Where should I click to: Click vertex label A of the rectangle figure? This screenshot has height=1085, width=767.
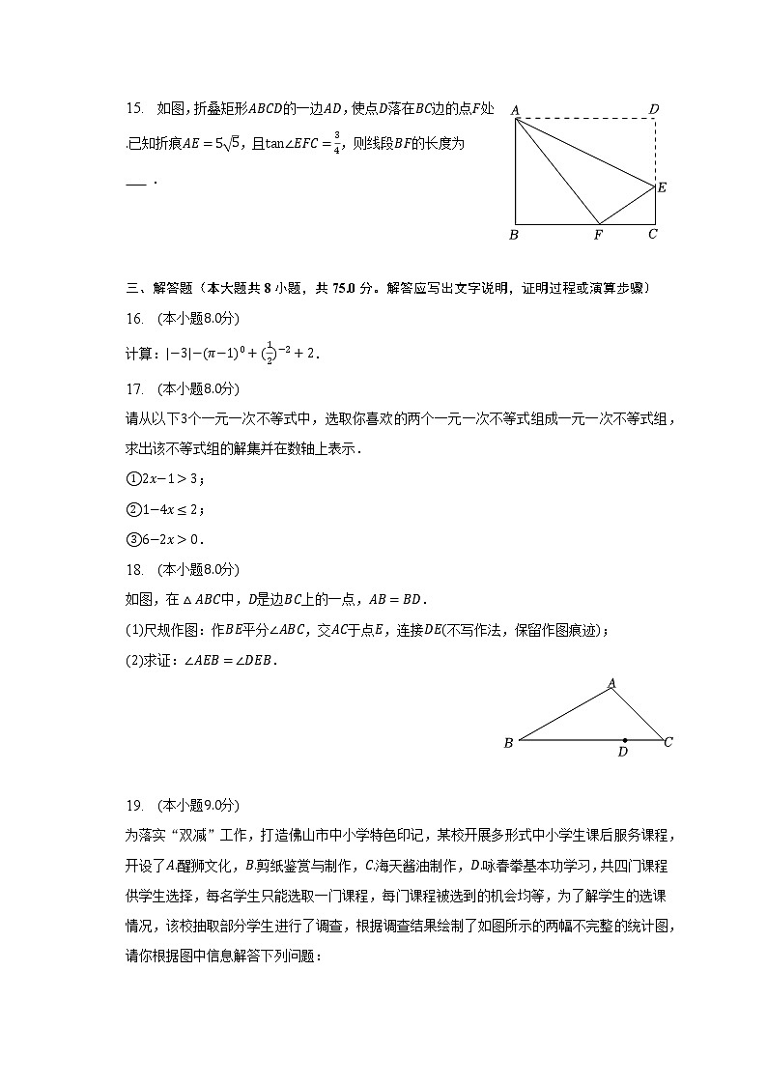click(x=515, y=109)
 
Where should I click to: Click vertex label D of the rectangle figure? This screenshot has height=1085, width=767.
click(x=654, y=108)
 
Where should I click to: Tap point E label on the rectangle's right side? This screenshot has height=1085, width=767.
click(x=662, y=187)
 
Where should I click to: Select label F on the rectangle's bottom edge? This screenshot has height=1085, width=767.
click(x=598, y=235)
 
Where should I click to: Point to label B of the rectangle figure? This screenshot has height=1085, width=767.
click(x=514, y=235)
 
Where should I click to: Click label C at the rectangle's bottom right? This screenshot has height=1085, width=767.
click(x=653, y=234)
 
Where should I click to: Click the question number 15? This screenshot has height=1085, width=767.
click(x=134, y=109)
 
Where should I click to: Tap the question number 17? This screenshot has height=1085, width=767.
click(x=134, y=388)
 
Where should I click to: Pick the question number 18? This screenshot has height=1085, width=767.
click(x=134, y=569)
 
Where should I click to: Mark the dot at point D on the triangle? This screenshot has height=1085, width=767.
click(x=624, y=740)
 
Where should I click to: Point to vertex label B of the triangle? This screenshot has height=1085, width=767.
click(x=508, y=743)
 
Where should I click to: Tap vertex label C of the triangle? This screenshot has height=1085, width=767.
click(x=668, y=742)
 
